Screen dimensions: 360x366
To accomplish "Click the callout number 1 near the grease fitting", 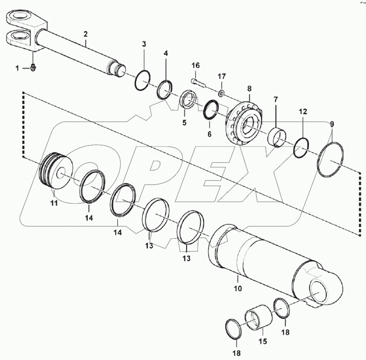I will (x=17, y=68).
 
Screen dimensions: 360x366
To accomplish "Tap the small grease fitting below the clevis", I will (x=33, y=69).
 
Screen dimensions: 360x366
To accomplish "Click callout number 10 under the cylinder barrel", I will (x=237, y=288).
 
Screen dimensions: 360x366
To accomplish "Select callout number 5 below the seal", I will (x=184, y=123).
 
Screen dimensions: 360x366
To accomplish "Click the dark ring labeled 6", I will (x=210, y=110).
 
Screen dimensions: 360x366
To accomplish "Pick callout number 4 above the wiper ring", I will (x=165, y=53).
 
